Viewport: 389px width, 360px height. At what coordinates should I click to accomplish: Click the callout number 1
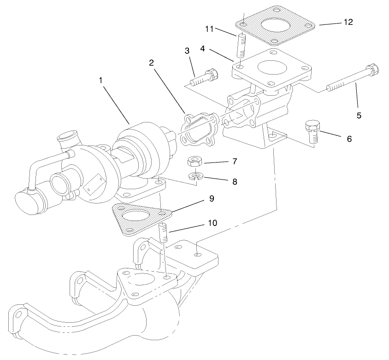point(100,80)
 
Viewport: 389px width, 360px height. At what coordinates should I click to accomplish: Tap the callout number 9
point(212,198)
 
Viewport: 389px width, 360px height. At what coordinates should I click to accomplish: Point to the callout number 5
point(359,116)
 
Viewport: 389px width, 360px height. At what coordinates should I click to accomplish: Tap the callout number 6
point(349,138)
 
